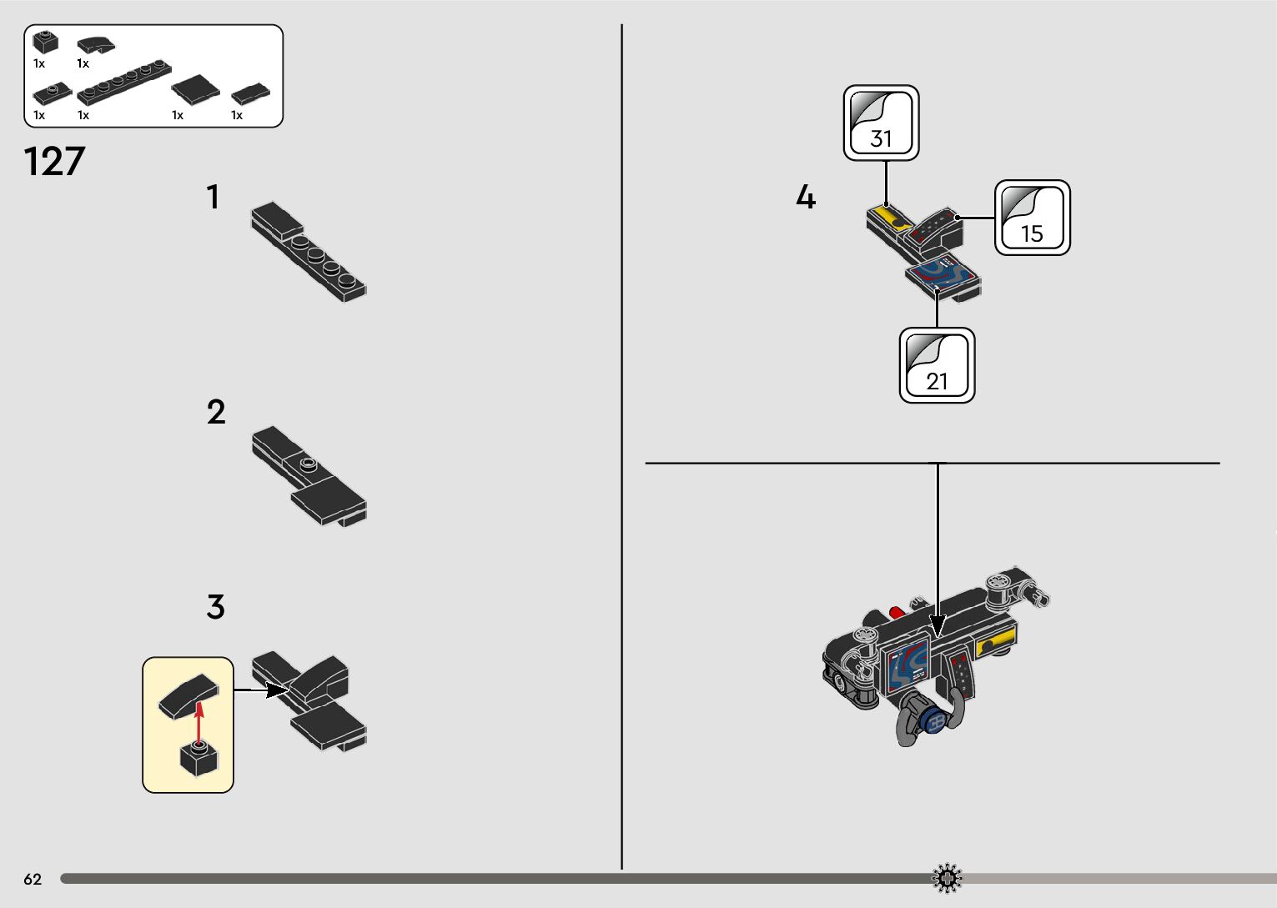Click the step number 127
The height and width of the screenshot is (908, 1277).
click(x=55, y=162)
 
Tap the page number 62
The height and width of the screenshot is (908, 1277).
click(x=33, y=879)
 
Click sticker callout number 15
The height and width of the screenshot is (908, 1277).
click(x=1032, y=218)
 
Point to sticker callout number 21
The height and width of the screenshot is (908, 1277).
click(x=937, y=366)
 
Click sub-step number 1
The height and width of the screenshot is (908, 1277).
click(x=214, y=198)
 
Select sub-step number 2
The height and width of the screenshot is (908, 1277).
click(x=216, y=413)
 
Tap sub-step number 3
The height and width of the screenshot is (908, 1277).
click(x=216, y=607)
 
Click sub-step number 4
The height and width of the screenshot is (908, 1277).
click(x=805, y=198)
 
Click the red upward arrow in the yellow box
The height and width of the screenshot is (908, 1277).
click(x=199, y=720)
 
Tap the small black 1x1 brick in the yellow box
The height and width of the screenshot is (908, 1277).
click(x=199, y=759)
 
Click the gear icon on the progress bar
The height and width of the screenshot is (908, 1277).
click(x=947, y=879)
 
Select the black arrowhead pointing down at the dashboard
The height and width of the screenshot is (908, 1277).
click(x=938, y=626)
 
